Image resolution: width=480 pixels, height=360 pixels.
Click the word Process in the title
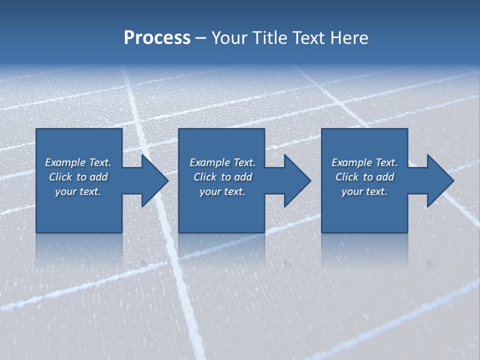157,38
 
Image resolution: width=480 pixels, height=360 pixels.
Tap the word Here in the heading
349,38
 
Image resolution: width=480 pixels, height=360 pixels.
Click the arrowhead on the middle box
296,180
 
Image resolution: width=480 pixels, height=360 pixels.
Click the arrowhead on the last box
439,180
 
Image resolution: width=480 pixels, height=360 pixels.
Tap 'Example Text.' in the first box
78,162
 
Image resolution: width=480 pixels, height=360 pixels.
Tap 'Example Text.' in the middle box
222,162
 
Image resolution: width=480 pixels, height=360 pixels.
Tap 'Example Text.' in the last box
364,162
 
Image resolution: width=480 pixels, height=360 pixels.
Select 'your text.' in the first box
78,191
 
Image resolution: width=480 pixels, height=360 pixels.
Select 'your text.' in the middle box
222,191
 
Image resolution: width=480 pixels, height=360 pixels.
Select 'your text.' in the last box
364,191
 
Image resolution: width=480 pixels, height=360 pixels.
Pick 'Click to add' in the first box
78,177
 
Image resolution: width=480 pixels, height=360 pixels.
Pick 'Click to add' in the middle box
222,177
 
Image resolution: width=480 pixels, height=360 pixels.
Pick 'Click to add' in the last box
364,177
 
